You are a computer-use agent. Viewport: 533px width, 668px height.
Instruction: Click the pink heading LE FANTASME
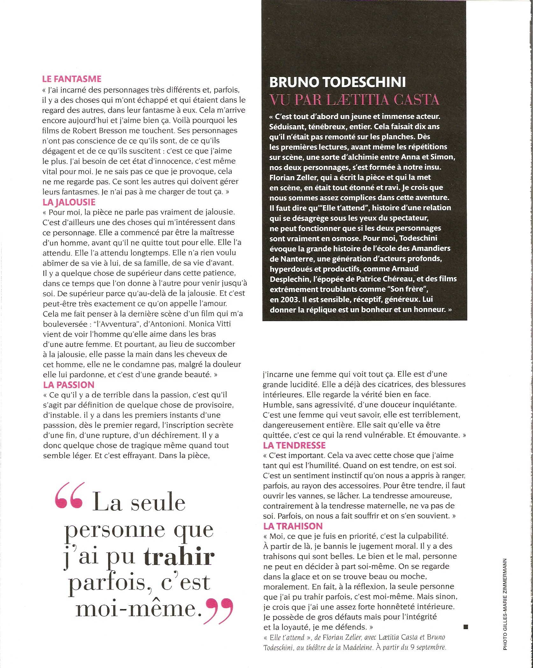click(72, 79)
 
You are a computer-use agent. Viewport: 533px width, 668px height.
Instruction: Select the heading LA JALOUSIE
click(69, 202)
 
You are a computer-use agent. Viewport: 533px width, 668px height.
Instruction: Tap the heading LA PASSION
click(69, 385)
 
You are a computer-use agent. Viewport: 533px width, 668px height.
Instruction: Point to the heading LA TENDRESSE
click(294, 445)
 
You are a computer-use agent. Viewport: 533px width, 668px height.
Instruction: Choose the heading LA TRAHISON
click(293, 526)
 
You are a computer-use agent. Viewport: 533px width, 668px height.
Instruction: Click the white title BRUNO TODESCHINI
click(338, 82)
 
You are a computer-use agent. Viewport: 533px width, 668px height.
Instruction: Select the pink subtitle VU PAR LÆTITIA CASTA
click(354, 100)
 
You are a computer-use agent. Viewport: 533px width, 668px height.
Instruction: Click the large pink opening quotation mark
click(70, 496)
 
